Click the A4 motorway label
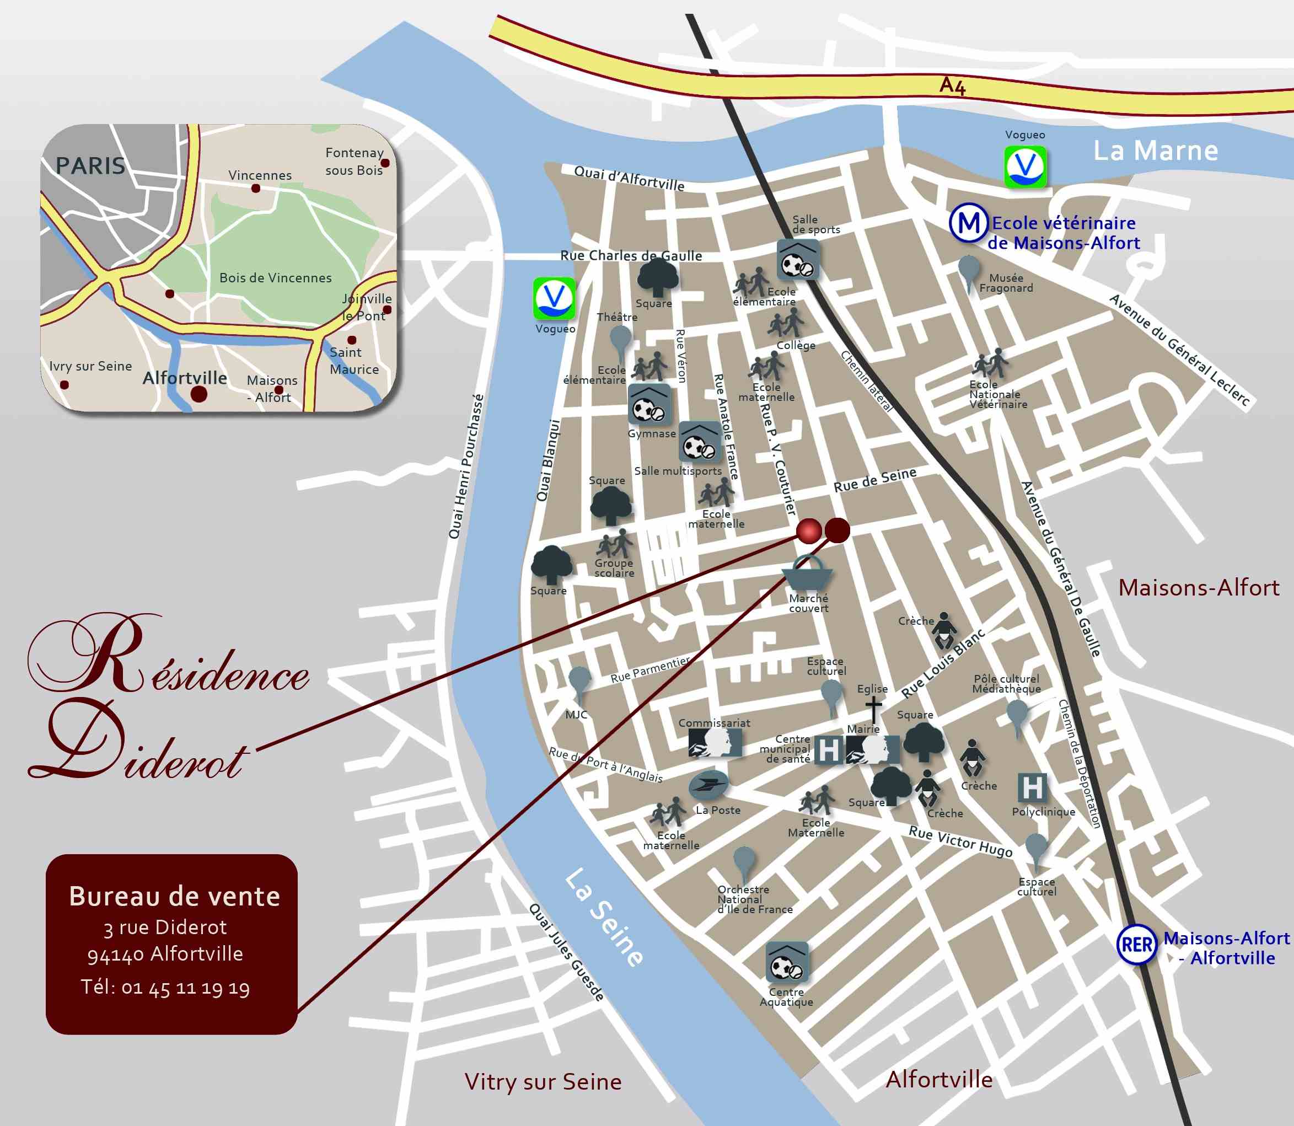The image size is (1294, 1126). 952,85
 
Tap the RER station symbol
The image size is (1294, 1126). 1136,945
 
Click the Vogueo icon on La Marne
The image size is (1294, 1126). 1025,167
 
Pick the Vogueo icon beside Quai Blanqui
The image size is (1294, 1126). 554,298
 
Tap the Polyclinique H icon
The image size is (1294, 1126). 1032,787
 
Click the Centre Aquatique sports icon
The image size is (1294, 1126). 786,963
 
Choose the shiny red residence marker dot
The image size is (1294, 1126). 808,531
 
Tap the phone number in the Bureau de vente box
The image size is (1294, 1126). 165,988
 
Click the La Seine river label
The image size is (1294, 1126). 604,918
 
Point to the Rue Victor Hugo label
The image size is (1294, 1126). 960,841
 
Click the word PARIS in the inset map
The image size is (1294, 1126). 90,166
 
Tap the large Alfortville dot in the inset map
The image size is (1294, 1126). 198,394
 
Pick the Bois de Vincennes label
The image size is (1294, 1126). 275,278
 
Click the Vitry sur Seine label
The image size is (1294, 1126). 543,1082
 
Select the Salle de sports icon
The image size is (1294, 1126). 797,260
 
